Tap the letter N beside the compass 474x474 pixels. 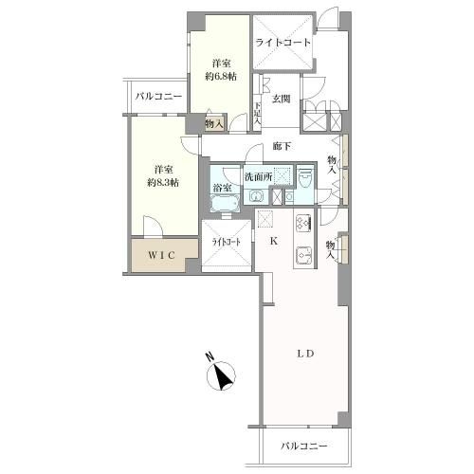210,356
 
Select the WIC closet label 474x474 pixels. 162,255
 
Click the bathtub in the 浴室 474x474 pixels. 225,203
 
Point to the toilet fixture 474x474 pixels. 305,178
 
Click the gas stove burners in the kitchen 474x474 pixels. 304,223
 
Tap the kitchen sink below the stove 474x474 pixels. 304,255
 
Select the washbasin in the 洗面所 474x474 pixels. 256,197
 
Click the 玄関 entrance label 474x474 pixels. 282,100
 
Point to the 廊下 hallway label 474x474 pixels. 283,146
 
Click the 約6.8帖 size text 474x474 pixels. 221,77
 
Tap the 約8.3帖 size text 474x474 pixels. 163,183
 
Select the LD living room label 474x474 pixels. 305,354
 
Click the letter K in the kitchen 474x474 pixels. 274,242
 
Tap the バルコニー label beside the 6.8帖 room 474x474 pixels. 159,97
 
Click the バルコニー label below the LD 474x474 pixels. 304,447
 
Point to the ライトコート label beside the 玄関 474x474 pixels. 283,43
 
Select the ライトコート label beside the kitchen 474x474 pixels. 227,243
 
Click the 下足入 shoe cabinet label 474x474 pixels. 258,114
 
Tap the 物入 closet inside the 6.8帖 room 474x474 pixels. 214,124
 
